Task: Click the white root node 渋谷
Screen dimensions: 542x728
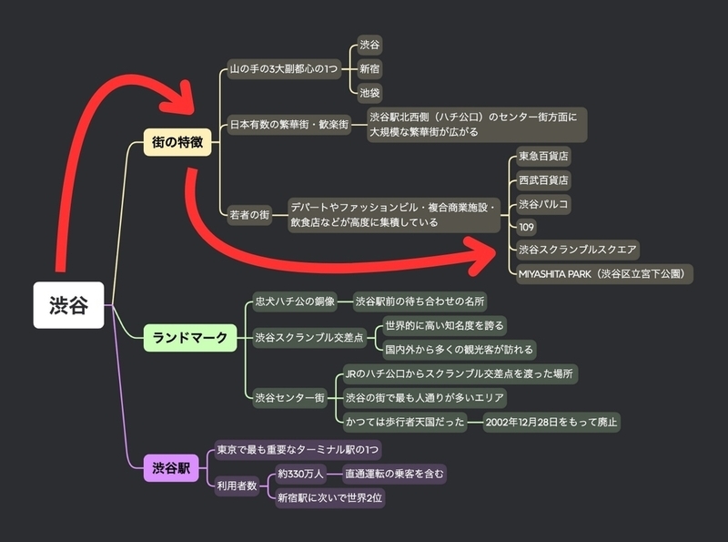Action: (x=69, y=305)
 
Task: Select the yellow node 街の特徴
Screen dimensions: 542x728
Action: (x=177, y=144)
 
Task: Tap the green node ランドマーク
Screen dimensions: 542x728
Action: (x=190, y=338)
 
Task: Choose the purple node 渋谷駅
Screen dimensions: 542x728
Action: (x=171, y=469)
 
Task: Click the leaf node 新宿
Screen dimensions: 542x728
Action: (x=369, y=68)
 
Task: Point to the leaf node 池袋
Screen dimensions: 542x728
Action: (x=369, y=92)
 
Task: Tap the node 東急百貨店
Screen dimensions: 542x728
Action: (x=543, y=156)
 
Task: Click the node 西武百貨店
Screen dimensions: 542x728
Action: (x=543, y=179)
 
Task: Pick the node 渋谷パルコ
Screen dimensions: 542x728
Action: (x=543, y=203)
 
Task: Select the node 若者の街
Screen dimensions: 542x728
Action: (x=249, y=214)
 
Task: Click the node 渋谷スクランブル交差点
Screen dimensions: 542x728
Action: (x=308, y=338)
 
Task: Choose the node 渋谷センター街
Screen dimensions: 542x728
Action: (x=289, y=397)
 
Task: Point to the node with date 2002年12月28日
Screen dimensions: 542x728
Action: (x=551, y=421)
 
